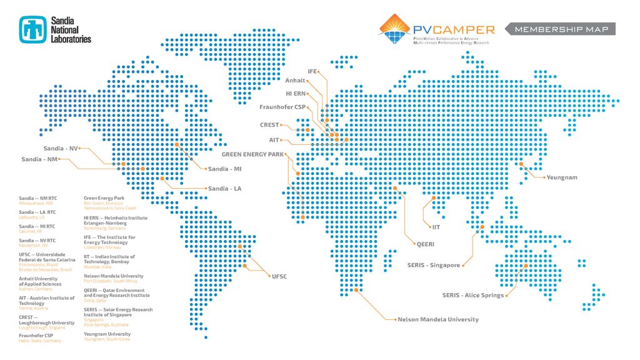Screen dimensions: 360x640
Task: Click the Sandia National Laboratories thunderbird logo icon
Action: (32, 28)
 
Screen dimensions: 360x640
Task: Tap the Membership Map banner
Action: (561, 29)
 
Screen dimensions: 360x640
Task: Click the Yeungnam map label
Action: (561, 177)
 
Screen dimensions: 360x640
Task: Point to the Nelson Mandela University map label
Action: (438, 319)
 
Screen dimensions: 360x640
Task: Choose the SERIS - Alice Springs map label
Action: (473, 295)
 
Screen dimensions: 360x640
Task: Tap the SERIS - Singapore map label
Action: (434, 265)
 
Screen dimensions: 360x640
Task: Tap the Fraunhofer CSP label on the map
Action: (282, 107)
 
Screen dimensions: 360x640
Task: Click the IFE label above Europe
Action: (313, 71)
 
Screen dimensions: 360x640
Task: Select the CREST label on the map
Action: (269, 125)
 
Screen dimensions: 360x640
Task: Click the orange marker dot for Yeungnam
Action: (522, 164)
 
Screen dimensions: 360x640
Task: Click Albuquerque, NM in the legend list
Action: (36, 203)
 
